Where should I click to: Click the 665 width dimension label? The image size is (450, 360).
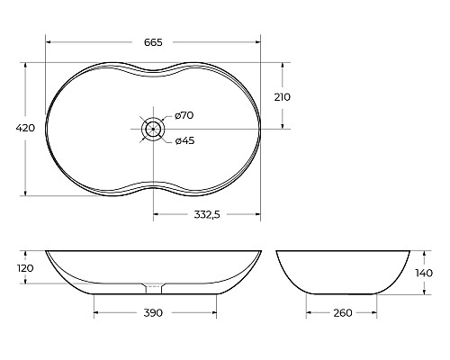click(153, 42)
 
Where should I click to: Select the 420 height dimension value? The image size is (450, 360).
click(25, 128)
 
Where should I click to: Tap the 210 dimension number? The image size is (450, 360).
click(282, 97)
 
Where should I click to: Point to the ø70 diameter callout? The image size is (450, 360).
click(184, 115)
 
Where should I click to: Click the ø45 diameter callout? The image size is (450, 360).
click(184, 140)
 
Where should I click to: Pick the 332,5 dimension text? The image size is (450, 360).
click(207, 215)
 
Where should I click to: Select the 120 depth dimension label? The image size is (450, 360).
click(25, 268)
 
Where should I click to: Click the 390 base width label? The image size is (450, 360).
click(153, 313)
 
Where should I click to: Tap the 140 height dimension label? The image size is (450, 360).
click(424, 273)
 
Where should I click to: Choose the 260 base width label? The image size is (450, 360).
click(343, 313)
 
